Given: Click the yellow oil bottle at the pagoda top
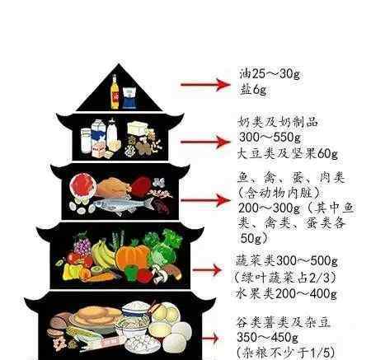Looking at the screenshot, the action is click(x=115, y=92).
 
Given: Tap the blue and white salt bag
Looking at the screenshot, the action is click(x=129, y=97).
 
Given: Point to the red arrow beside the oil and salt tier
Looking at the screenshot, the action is click(x=205, y=84).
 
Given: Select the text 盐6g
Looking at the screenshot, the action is click(x=253, y=90).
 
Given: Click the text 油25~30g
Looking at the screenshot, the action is click(x=270, y=73).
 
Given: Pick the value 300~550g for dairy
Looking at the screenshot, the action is click(x=270, y=137).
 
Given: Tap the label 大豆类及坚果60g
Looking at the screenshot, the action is click(x=288, y=153).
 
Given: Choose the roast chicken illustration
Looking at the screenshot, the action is click(x=113, y=187).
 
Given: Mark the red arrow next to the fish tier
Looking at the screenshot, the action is click(x=205, y=200).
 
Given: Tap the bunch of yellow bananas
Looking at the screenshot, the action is click(x=102, y=255).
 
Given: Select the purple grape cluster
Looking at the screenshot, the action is click(x=82, y=245).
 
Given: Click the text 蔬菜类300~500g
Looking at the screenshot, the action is click(x=286, y=260).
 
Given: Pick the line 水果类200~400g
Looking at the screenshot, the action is click(x=286, y=294).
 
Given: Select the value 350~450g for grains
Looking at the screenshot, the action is click(x=267, y=338).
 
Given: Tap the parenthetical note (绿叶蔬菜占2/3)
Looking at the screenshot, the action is click(x=285, y=278).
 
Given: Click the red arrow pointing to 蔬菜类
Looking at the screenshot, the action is click(x=207, y=270).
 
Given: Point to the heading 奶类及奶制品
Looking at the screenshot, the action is click(x=278, y=122).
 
